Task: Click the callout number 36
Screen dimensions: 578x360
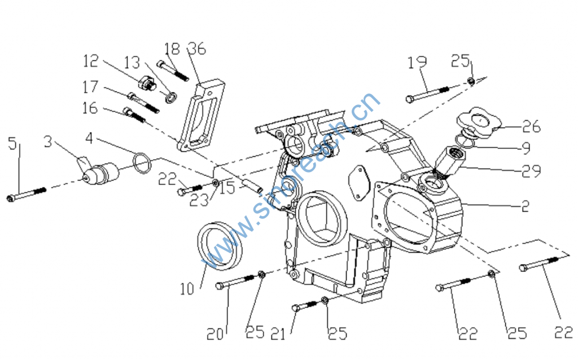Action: pos(197,49)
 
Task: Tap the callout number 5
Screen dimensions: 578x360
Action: pos(12,143)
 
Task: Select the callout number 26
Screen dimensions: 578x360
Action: pos(531,126)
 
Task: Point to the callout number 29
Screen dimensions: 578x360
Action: pos(531,170)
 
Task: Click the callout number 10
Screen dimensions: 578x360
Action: pos(187,289)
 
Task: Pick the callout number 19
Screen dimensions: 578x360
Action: pos(417,62)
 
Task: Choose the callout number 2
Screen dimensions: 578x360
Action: pos(526,206)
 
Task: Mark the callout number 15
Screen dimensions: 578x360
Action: pos(227,187)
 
